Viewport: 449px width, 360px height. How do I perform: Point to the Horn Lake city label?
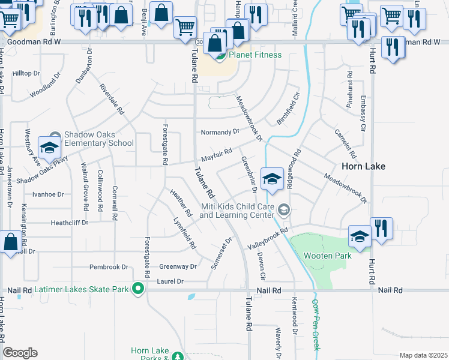tap(363, 166)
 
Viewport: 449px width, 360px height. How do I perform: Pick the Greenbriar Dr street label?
tap(249, 175)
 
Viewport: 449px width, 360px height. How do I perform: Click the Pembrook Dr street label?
tap(109, 266)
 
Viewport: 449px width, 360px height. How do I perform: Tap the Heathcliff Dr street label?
tap(69, 222)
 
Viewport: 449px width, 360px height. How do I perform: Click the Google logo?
tap(20, 353)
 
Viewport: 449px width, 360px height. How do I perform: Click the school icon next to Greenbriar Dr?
tap(272, 179)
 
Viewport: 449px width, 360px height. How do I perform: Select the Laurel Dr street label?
tap(171, 281)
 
